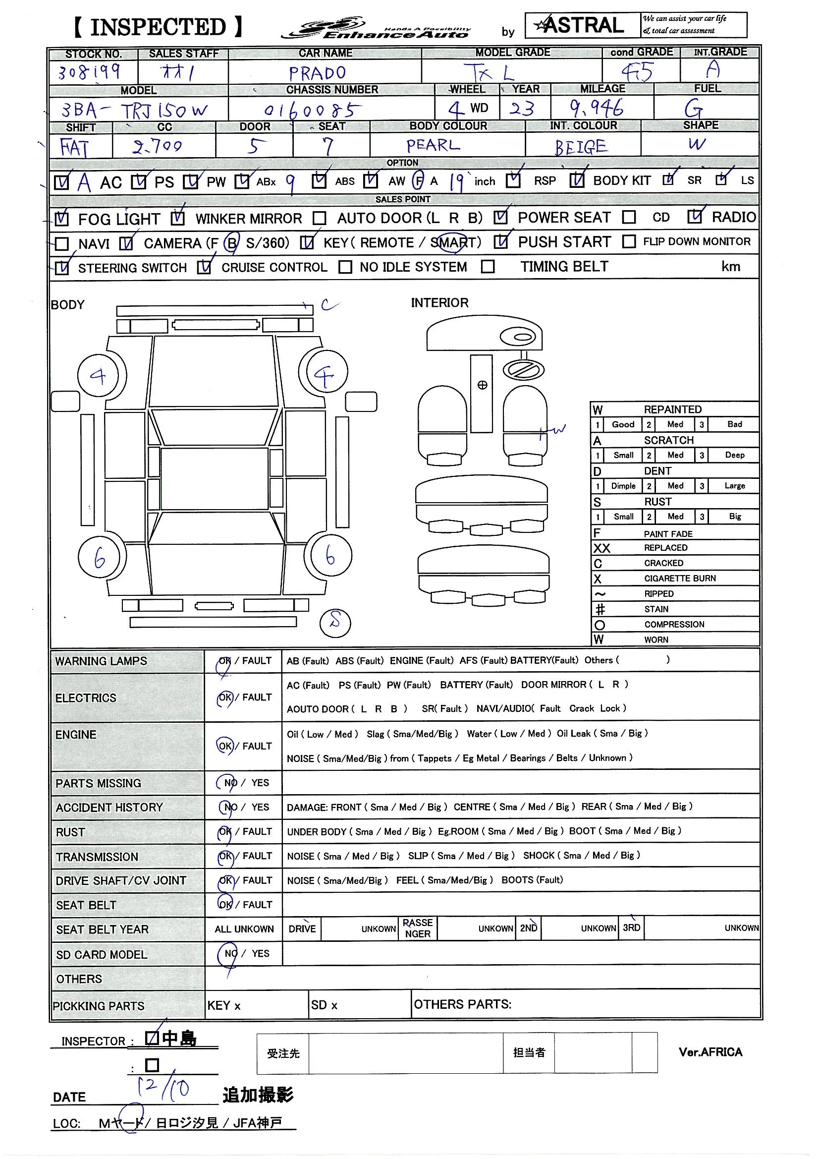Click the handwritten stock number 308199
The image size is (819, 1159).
pyautogui.click(x=89, y=72)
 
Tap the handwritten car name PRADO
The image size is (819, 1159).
pyautogui.click(x=318, y=74)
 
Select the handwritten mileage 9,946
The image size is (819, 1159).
pyautogui.click(x=597, y=108)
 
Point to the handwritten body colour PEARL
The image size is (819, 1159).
pyautogui.click(x=433, y=145)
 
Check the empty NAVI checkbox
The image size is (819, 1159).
pyautogui.click(x=61, y=244)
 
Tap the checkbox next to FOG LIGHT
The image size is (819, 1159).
pyautogui.click(x=61, y=219)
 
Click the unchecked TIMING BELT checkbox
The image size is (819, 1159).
pyautogui.click(x=488, y=267)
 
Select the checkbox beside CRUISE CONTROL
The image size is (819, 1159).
pyautogui.click(x=204, y=267)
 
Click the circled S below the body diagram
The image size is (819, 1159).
pyautogui.click(x=335, y=623)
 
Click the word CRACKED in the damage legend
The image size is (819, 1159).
pyautogui.click(x=663, y=563)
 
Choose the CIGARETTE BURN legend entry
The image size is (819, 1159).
pyautogui.click(x=679, y=578)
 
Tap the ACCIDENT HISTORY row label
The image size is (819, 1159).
pyautogui.click(x=109, y=807)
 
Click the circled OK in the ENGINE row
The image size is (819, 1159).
pyautogui.click(x=225, y=746)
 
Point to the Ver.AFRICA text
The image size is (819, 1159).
pyautogui.click(x=710, y=1052)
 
